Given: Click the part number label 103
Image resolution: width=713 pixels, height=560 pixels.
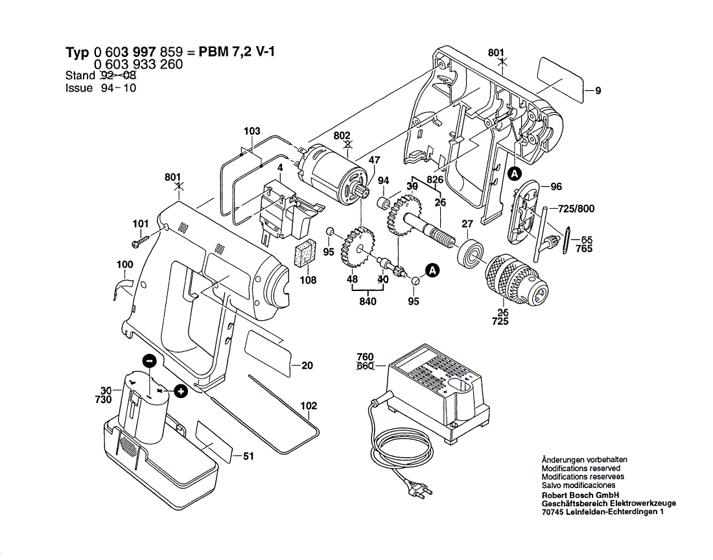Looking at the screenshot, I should [251, 132].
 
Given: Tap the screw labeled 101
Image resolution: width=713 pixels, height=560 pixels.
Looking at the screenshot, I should [141, 243].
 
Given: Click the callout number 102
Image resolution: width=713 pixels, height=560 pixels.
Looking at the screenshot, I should [309, 406].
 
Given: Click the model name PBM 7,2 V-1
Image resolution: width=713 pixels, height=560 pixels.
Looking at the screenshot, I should [236, 52].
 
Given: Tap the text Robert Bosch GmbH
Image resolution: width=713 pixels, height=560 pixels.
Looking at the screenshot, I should [578, 494].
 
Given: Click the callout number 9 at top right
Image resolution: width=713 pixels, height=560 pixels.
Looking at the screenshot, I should [598, 91].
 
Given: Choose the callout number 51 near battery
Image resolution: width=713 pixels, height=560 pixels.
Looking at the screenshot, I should [248, 456].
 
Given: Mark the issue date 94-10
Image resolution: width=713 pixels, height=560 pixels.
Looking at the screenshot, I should [118, 88].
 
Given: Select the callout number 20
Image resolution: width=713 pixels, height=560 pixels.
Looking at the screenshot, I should [307, 366].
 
